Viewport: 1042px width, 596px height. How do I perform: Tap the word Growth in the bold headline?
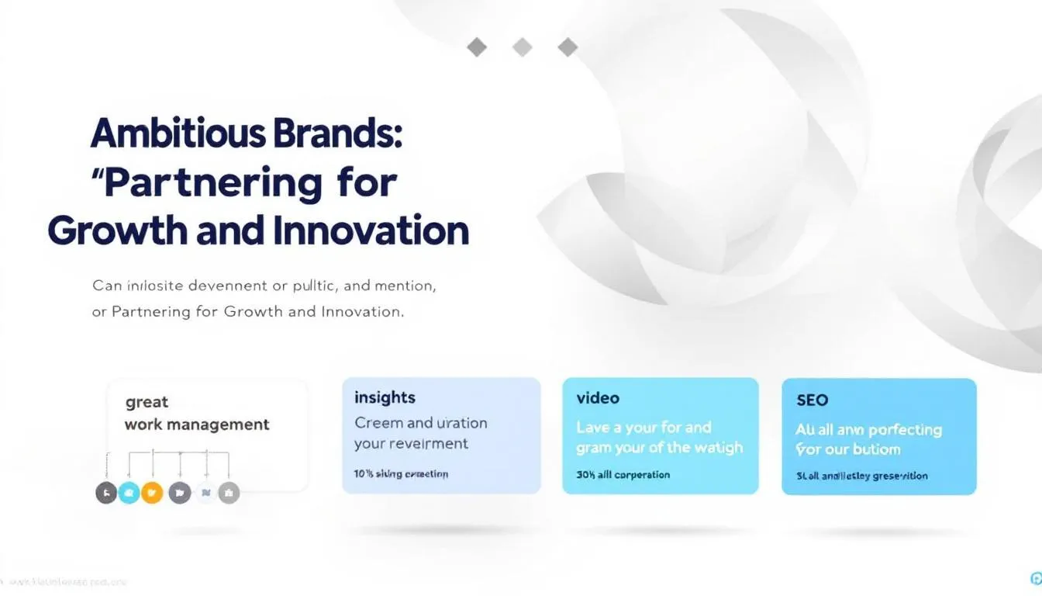[115, 231]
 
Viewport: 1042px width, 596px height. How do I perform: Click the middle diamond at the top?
[523, 47]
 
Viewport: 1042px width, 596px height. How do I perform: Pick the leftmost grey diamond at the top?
[477, 47]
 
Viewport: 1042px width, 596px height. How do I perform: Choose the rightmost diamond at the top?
[568, 47]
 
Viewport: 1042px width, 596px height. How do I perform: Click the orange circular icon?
[152, 492]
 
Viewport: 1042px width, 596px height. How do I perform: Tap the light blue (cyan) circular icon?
[129, 492]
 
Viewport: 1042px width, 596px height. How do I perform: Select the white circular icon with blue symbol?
[205, 492]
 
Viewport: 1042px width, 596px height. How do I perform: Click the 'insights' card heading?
[385, 397]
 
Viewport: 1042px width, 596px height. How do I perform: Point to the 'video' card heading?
[598, 398]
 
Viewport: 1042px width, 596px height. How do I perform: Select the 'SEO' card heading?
[812, 400]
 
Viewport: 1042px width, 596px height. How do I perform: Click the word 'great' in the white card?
[147, 402]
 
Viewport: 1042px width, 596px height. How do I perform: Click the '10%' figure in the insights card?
[364, 473]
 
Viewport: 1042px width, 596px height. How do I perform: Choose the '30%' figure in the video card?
[585, 474]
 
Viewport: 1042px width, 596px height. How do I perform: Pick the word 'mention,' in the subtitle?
[404, 286]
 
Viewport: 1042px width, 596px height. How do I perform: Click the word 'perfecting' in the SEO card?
[904, 430]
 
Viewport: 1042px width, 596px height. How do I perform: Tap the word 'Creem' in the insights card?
[378, 423]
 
